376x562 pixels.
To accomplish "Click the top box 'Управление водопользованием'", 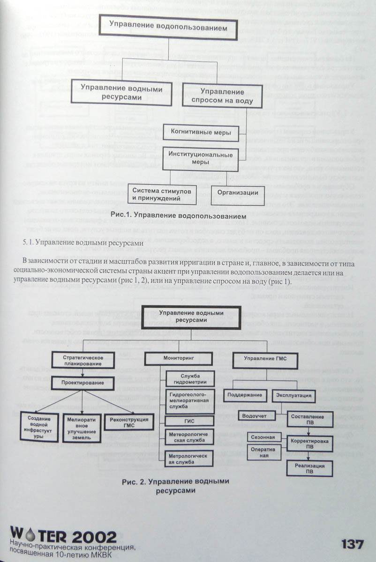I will click(168, 28).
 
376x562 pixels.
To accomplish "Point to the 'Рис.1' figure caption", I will click(179, 216).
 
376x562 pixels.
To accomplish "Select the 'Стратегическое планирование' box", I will click(83, 360).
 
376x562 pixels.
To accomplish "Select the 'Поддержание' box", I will click(245, 395).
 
